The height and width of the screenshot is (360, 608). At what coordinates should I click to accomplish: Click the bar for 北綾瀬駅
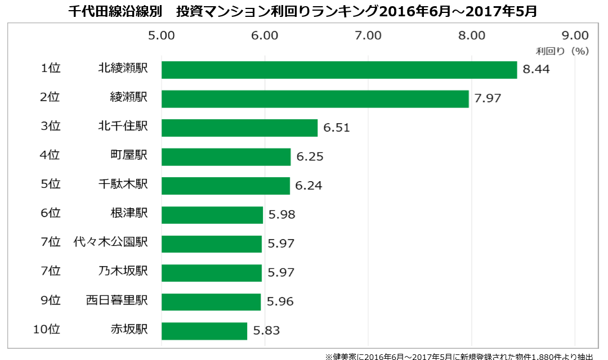pos(339,70)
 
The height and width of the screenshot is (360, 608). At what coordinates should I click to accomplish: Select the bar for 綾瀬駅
pos(315,98)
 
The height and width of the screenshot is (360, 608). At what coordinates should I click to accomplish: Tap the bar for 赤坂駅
pos(204,331)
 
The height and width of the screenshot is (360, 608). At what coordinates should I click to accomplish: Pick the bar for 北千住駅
pos(239,128)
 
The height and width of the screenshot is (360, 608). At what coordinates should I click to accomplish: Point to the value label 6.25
pos(310,157)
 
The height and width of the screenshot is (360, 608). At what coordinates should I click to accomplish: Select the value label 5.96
pos(280,302)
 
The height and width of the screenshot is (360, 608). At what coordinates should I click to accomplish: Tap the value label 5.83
pos(266,331)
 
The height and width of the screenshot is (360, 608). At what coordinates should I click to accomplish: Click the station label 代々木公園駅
pos(111,242)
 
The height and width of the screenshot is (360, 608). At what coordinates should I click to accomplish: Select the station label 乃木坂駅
pos(123,271)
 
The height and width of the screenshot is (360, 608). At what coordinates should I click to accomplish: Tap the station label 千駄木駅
pos(123,184)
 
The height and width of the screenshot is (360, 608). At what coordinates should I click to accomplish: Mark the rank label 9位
pos(51,300)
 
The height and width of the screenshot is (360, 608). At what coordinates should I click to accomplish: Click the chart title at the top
pos(302,11)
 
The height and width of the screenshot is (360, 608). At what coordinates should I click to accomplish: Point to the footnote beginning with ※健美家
pos(459,356)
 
